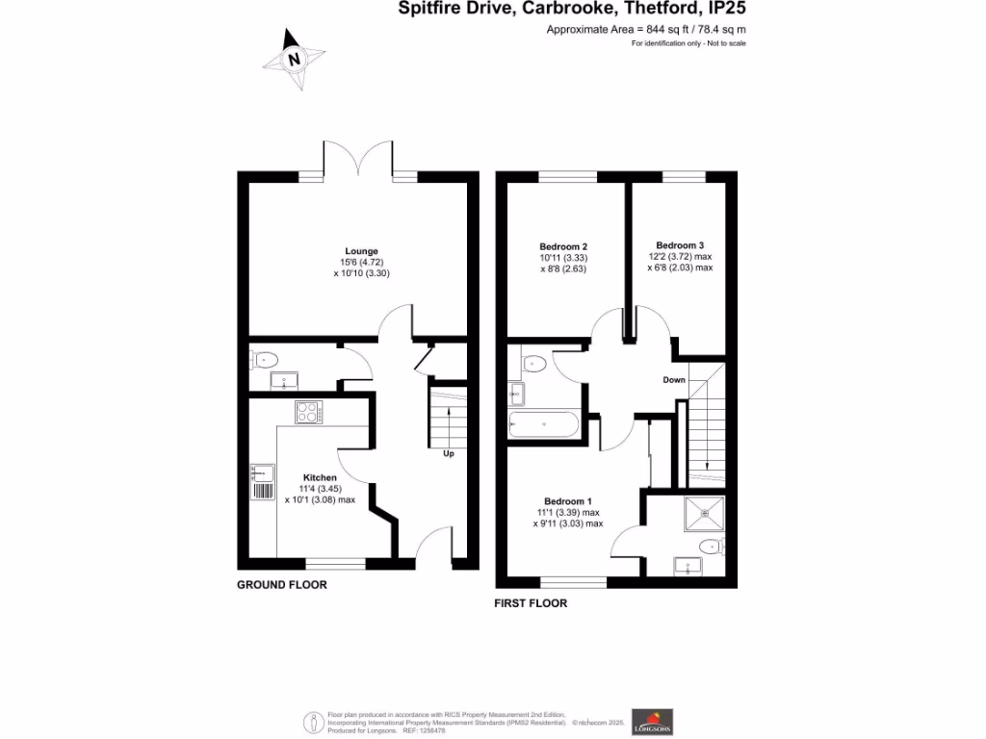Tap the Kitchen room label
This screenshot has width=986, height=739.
click(x=320, y=477)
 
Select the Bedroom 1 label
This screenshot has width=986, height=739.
click(x=567, y=501)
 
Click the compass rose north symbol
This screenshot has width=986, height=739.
click(x=295, y=58)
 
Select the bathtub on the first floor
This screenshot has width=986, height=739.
click(x=543, y=424)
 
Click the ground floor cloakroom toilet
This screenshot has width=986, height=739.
click(x=264, y=361)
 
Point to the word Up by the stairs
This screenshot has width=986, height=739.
click(x=448, y=453)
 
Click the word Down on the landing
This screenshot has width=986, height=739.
click(x=674, y=380)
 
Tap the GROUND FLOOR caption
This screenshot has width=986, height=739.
click(x=282, y=585)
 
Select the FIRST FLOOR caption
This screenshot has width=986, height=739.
click(x=531, y=604)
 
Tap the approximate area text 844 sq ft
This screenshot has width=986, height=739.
click(x=646, y=30)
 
